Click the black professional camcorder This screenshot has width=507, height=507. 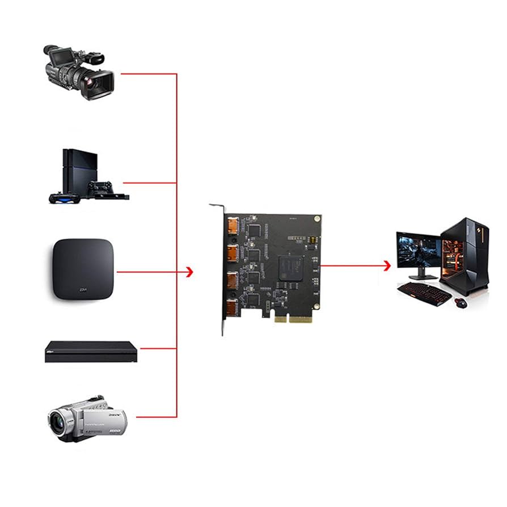[x=79, y=70]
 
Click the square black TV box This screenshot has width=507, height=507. [x=83, y=269]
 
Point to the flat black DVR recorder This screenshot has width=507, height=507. [x=91, y=352]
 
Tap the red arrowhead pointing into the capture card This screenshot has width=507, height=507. [x=189, y=272]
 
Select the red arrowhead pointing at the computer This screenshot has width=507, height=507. [x=387, y=265]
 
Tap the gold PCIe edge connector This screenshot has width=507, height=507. [x=293, y=319]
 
